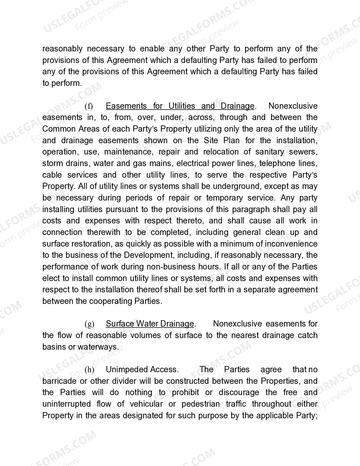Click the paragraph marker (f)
click(89, 106)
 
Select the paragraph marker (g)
click(89, 324)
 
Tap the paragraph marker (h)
click(89, 370)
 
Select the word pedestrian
click(200, 404)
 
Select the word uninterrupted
click(66, 404)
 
